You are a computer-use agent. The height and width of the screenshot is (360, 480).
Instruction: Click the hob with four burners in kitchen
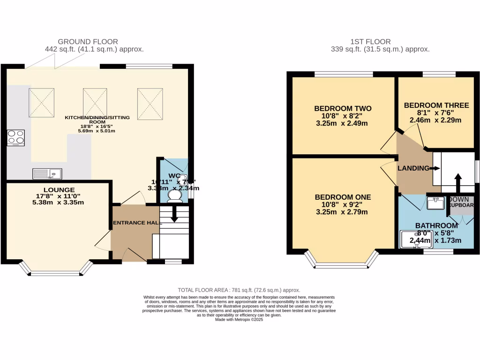[x=15, y=138]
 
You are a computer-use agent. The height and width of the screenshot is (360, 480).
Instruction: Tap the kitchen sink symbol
[x=47, y=174]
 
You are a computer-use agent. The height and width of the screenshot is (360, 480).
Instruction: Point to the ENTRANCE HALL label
[x=135, y=222]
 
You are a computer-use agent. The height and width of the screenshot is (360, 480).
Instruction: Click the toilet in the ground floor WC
[x=175, y=195]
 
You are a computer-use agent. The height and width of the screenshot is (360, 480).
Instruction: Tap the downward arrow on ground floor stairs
[x=174, y=216]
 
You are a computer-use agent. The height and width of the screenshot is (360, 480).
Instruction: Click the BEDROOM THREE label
[x=436, y=105]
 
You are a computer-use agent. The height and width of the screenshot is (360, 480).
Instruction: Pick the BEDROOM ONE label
[x=343, y=197]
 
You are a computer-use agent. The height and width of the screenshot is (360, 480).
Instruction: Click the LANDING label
[x=413, y=168]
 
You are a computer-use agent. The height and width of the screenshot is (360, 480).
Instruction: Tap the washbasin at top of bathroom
[x=436, y=202]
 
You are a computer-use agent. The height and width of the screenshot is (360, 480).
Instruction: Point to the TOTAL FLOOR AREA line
[x=239, y=290]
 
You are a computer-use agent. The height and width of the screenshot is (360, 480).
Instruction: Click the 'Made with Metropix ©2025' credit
[x=239, y=320]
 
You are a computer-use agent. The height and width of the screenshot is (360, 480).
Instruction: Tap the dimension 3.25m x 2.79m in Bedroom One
[x=341, y=212]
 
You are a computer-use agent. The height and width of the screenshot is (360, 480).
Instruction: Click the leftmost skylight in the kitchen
[x=42, y=102]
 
